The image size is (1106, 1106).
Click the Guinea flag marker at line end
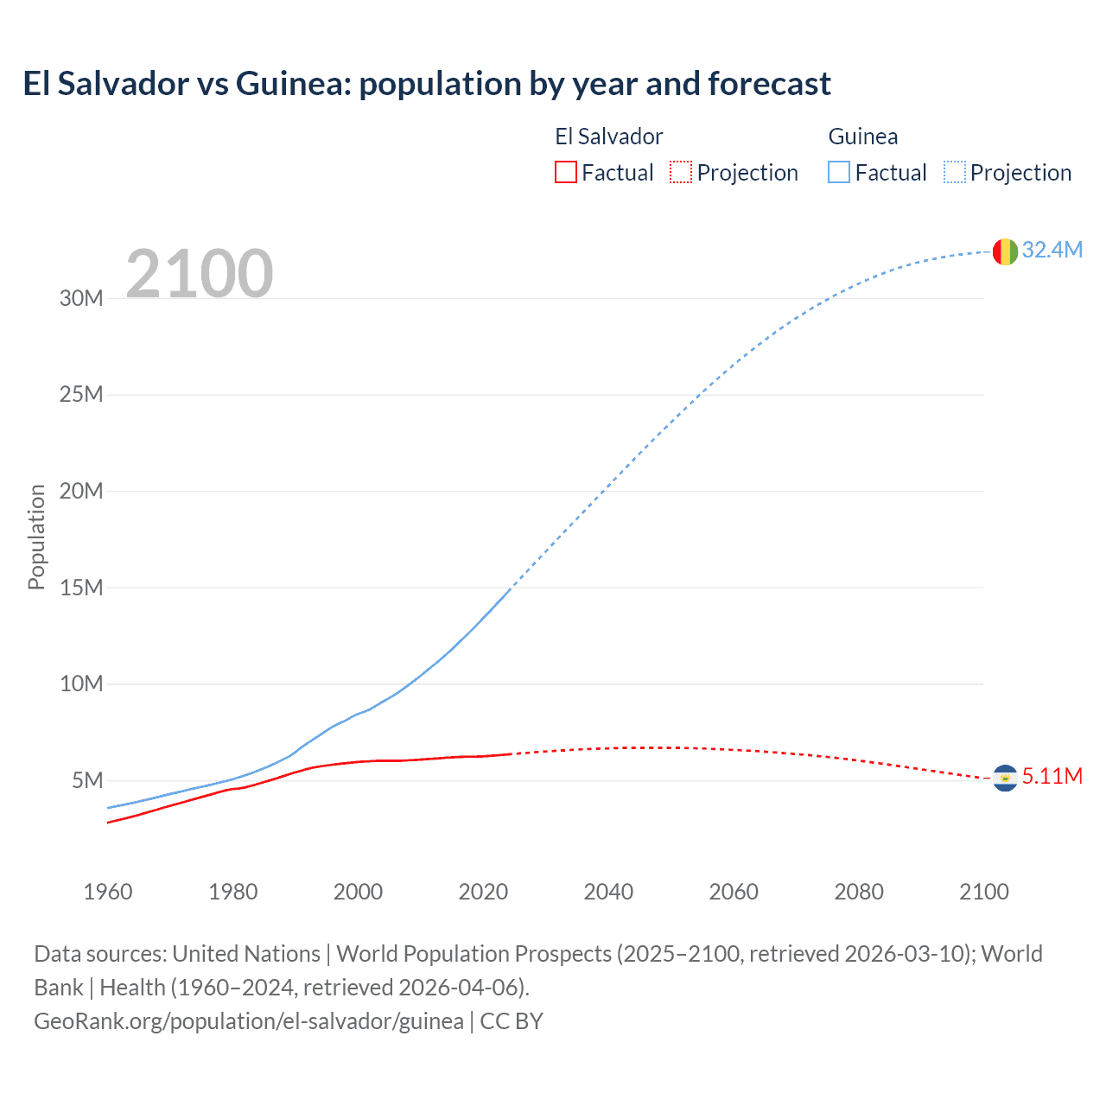click(x=1005, y=251)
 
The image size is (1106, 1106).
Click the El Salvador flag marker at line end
click(x=1005, y=779)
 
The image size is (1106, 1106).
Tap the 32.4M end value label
click(x=1052, y=250)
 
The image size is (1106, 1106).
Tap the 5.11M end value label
click(x=1052, y=776)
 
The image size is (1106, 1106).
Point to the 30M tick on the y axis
click(x=81, y=298)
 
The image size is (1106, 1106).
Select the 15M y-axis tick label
click(x=81, y=588)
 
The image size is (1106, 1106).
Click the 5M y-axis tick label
click(x=87, y=780)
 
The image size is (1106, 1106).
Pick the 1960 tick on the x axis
click(x=108, y=892)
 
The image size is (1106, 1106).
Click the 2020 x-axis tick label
click(x=483, y=892)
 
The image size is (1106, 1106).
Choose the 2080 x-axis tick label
click(x=858, y=892)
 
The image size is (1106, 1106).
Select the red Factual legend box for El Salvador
click(x=566, y=172)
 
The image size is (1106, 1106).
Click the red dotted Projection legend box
click(x=681, y=172)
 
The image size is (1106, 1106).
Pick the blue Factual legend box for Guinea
click(x=839, y=172)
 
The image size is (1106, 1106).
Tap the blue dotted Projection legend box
click(x=954, y=172)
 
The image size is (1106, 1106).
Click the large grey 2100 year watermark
click(x=200, y=274)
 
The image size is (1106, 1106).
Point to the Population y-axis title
click(x=36, y=537)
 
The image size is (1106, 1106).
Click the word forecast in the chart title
click(x=769, y=84)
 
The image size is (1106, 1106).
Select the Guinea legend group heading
click(x=862, y=137)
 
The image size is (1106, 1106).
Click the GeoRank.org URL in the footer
click(x=249, y=1020)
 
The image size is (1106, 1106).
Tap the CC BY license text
click(x=512, y=1020)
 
